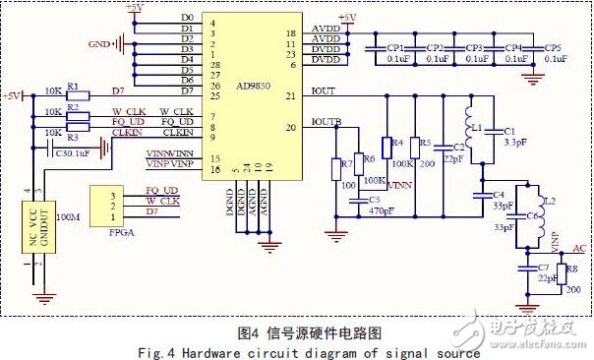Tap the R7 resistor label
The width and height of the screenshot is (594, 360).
(345, 162)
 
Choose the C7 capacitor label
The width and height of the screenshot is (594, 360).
(543, 268)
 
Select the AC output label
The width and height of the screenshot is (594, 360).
(579, 249)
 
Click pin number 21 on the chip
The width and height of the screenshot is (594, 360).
(290, 95)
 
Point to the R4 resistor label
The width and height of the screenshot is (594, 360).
(397, 143)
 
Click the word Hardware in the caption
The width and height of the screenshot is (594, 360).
(271, 351)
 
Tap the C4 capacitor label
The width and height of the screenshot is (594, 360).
(499, 194)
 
